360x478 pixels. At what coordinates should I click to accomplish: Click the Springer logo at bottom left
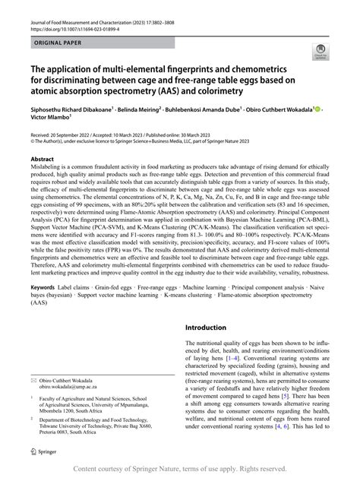pos(43,451)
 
